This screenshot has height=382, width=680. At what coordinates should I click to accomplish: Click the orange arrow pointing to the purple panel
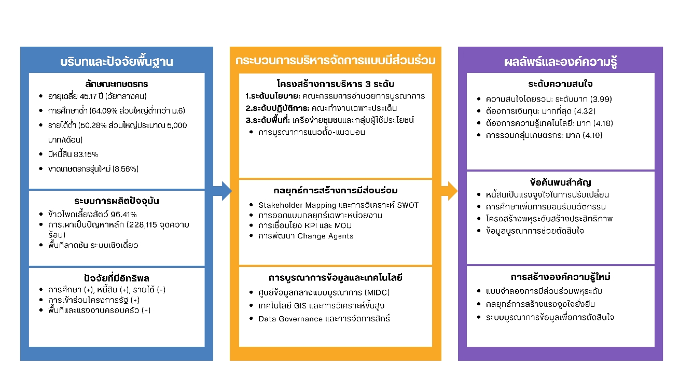click(450, 191)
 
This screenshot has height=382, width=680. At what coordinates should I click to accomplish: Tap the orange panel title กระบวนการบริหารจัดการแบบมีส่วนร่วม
click(335, 61)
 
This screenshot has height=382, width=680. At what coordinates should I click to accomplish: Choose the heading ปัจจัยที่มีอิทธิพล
click(116, 277)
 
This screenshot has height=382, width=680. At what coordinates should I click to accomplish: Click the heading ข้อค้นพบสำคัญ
click(560, 182)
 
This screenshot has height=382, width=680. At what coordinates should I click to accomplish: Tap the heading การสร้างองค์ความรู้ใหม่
click(560, 276)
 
